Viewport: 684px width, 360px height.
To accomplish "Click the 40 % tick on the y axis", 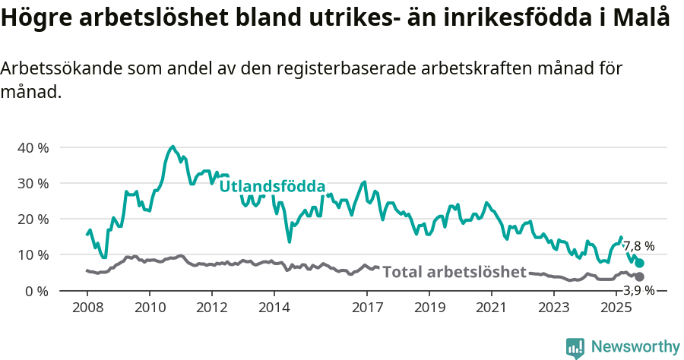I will [33, 147].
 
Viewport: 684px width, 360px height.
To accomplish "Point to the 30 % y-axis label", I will [33, 183].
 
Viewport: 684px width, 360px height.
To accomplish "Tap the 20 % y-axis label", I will [33, 219].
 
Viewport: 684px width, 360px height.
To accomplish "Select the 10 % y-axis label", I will [33, 254].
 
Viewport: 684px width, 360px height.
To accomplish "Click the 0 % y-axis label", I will [36, 291].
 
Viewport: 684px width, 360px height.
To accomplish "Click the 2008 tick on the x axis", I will [87, 308].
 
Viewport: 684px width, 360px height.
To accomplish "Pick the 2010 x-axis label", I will [149, 308].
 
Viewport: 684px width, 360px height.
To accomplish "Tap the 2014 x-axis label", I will [274, 308].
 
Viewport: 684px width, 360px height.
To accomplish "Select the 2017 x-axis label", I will [367, 308].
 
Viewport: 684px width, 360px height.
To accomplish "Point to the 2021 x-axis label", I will [492, 308].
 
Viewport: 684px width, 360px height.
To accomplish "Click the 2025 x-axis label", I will [616, 308].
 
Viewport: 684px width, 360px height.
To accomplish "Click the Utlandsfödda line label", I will [272, 186].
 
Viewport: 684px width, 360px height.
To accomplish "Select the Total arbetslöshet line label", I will [454, 272].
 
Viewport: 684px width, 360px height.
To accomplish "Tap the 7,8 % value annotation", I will [638, 246].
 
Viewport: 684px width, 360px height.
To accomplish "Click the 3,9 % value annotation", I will [638, 289].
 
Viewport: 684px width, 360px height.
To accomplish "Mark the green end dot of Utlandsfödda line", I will [640, 263].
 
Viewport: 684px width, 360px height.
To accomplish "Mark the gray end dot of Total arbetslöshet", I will [640, 277].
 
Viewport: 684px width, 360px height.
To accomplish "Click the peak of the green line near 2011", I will [173, 147].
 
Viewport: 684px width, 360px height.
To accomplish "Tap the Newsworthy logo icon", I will [575, 347].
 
